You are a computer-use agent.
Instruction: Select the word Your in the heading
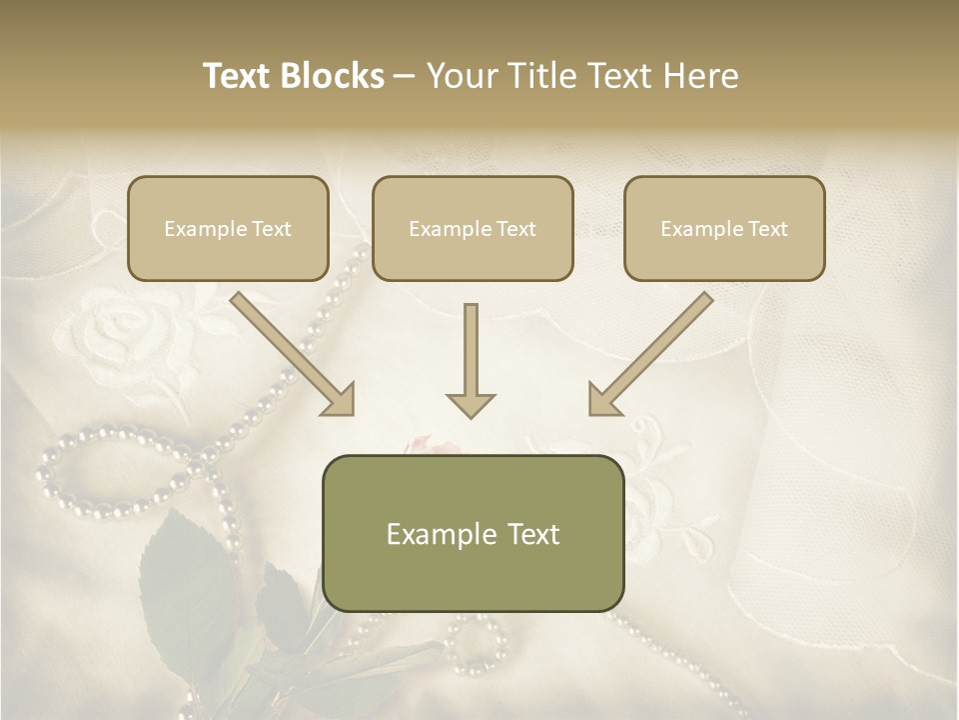[x=462, y=76]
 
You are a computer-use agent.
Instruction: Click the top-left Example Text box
[x=228, y=228]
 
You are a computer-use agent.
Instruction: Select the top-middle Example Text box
[x=473, y=228]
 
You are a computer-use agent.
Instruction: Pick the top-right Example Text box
[x=724, y=228]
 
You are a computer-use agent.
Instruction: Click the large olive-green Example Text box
[x=473, y=533]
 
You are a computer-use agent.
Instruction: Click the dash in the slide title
[x=405, y=76]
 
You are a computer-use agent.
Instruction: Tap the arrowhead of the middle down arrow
[x=471, y=404]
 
